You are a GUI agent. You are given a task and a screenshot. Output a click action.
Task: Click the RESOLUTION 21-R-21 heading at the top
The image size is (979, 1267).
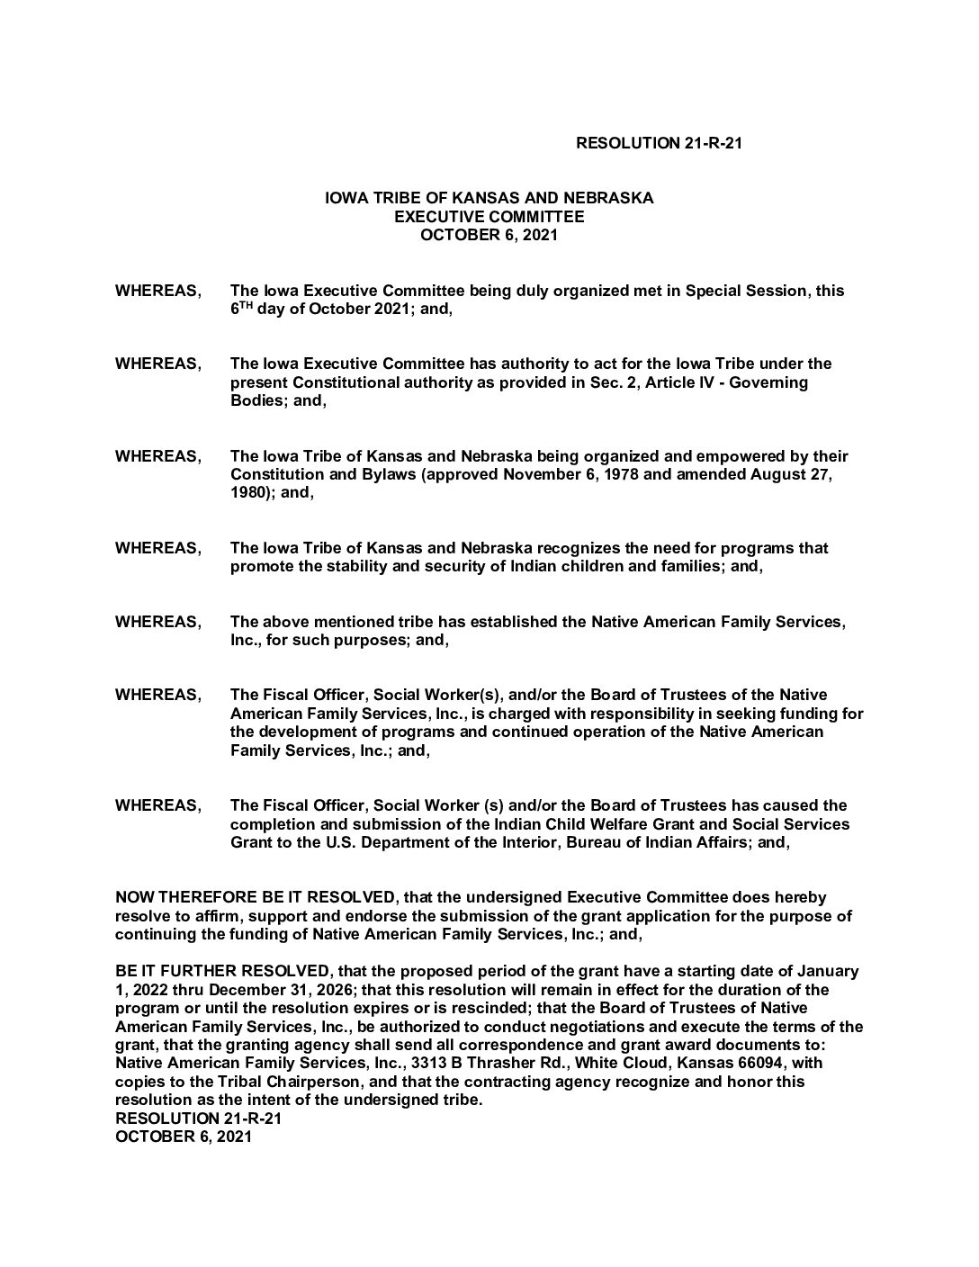point(658,143)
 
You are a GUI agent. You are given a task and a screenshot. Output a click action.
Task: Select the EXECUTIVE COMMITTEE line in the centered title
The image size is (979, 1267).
point(489,217)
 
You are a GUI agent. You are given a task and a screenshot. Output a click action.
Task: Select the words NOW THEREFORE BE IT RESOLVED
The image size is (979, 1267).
point(255,898)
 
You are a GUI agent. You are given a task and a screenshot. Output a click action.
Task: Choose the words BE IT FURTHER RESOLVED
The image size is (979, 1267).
point(222,972)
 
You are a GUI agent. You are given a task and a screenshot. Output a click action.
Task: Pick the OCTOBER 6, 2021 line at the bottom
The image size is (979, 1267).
point(184,1137)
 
